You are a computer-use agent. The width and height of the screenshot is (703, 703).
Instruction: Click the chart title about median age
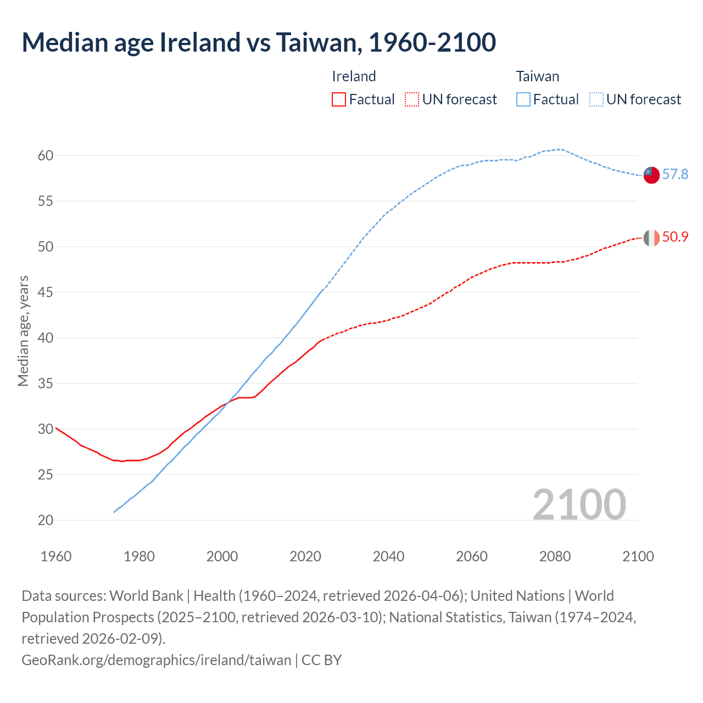[259, 43]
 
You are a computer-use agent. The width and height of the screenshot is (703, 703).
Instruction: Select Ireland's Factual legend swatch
[339, 99]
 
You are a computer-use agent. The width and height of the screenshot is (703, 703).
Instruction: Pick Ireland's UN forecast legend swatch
[412, 99]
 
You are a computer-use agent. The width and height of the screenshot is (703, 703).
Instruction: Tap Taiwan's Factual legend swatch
[523, 99]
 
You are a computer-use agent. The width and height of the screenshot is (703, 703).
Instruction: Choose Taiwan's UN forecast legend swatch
[596, 99]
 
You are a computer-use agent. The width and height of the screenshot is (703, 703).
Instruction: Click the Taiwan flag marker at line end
[651, 175]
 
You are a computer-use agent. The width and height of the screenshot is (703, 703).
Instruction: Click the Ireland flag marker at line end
[651, 238]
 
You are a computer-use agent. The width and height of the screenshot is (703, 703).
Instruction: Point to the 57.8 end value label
[675, 175]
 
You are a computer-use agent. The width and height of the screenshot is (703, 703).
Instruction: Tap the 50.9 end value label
[675, 237]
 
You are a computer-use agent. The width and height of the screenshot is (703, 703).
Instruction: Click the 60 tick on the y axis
[46, 156]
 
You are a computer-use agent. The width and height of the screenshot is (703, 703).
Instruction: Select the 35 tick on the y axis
[46, 383]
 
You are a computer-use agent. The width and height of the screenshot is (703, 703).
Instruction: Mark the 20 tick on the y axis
[46, 520]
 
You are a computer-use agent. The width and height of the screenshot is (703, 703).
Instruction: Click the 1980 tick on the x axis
[139, 556]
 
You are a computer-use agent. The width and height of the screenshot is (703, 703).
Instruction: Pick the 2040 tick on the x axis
[388, 556]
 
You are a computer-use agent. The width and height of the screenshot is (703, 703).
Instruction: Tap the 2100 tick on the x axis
[638, 556]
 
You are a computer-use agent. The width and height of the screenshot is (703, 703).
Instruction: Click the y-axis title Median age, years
[23, 331]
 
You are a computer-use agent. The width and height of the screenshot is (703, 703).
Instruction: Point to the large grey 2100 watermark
[579, 505]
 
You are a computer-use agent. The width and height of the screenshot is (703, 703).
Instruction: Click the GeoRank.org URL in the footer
[156, 660]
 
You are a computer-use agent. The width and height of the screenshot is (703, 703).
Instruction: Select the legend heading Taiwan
[537, 76]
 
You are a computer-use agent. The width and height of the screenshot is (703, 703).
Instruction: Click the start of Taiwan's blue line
[114, 512]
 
